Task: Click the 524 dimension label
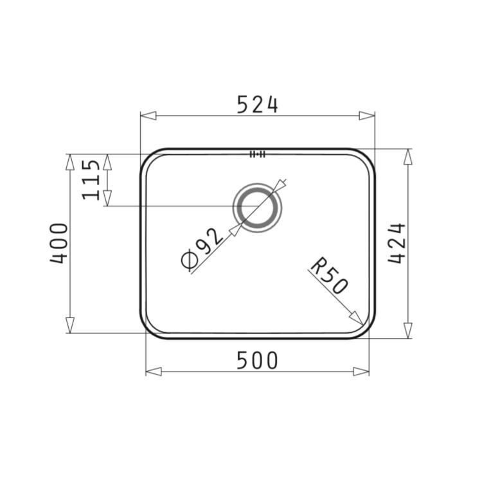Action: point(257,104)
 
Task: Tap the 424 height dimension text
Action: point(397,244)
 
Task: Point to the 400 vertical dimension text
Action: point(59,244)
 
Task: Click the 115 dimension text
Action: point(92,179)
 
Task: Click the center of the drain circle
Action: point(258,208)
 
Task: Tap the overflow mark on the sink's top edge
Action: point(258,154)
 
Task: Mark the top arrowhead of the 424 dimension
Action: point(407,156)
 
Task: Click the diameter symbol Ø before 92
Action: point(189,261)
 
